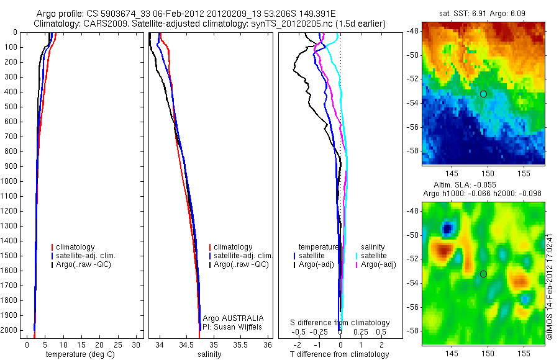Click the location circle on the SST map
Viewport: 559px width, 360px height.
click(483, 94)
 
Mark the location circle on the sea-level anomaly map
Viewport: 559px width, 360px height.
click(483, 274)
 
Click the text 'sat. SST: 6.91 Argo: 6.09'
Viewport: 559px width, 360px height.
click(483, 13)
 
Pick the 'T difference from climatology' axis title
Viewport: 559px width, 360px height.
click(339, 354)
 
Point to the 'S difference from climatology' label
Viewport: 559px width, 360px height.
click(340, 323)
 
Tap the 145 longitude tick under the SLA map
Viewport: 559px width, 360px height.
click(452, 353)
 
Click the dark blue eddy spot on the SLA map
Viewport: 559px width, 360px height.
click(447, 229)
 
